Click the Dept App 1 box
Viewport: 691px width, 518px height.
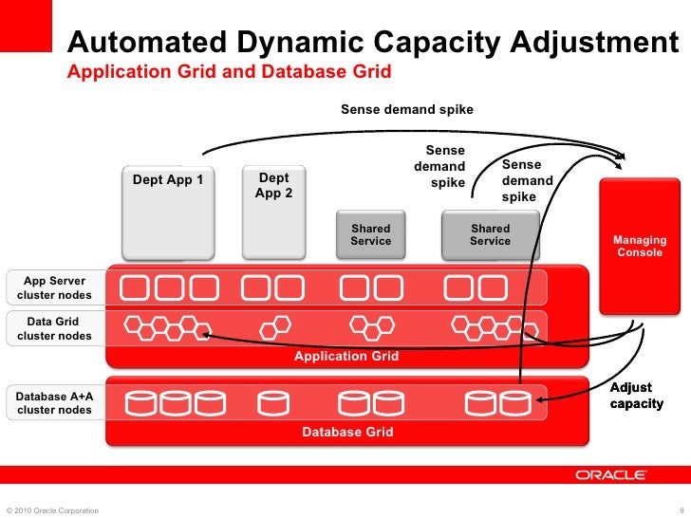(168, 213)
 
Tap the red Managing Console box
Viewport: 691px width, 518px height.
(640, 247)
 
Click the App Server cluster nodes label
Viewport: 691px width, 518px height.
(54, 288)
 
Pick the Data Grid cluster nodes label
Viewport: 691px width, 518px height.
(54, 329)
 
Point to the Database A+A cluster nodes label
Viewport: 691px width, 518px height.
(54, 402)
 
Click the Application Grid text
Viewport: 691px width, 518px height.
(345, 357)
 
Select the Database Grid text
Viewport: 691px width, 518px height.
(346, 432)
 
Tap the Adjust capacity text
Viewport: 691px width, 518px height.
(636, 396)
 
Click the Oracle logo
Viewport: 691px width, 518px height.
(610, 474)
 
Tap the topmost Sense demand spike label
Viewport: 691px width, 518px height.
(406, 110)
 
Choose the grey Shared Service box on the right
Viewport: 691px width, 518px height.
(490, 234)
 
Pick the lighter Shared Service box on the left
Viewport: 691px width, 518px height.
(370, 234)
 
